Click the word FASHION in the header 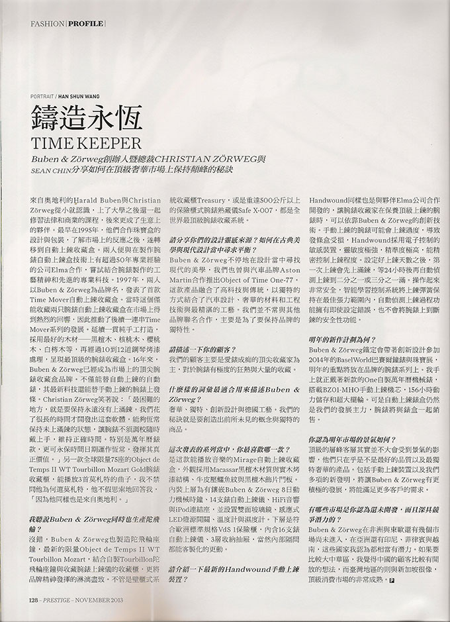click(46, 24)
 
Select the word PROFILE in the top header click(85, 24)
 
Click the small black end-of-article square click(392, 561)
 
